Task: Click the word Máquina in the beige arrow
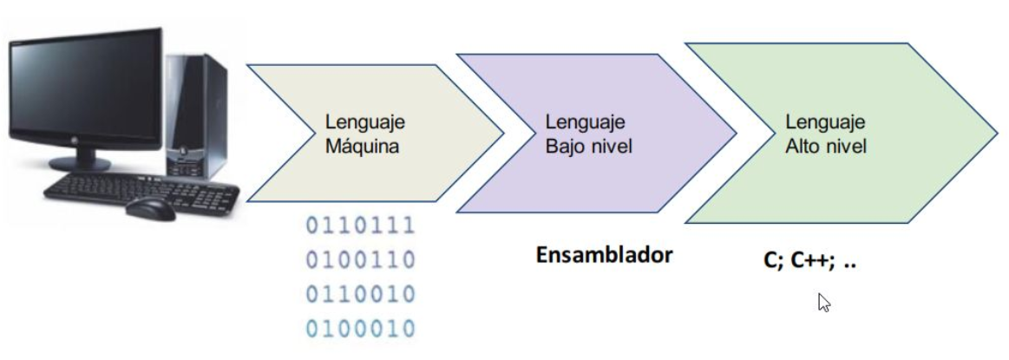tap(363, 147)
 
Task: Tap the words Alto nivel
tap(826, 147)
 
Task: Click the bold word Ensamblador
tap(606, 256)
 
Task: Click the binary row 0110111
tap(359, 226)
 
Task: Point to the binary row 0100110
tap(359, 260)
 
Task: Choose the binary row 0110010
tap(359, 294)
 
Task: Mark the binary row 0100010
tap(359, 328)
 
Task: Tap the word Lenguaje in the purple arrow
tap(586, 123)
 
